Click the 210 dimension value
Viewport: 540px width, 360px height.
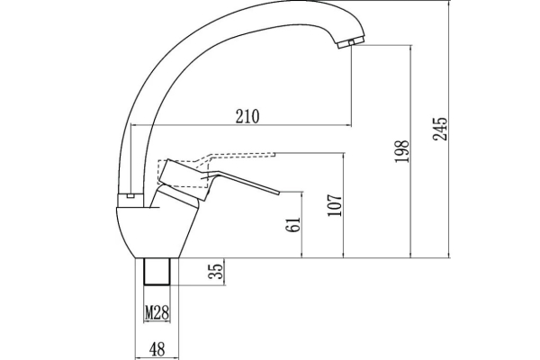coord(247,116)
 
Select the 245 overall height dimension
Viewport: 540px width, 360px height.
coord(440,129)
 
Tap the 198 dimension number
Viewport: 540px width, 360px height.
coord(402,151)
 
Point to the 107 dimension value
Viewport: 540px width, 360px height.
coord(335,205)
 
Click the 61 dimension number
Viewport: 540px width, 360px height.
coord(293,225)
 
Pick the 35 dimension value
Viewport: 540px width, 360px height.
coord(216,272)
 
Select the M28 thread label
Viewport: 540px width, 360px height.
coord(157,313)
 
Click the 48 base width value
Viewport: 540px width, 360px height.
coord(157,349)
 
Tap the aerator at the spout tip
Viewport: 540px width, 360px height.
coord(351,42)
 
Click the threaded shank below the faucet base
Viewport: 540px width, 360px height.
coord(157,272)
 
